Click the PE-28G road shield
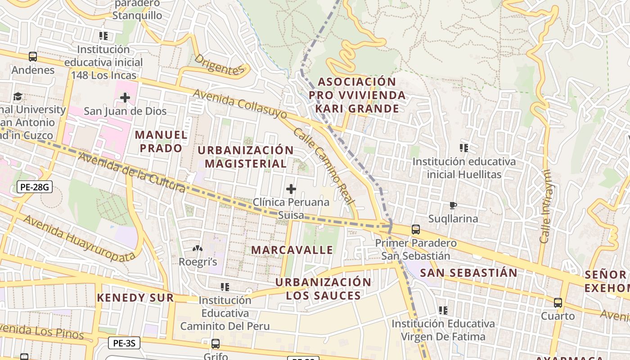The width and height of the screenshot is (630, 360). tap(35, 187)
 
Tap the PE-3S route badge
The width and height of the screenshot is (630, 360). tap(124, 343)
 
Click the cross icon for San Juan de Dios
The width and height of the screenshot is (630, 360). tap(125, 97)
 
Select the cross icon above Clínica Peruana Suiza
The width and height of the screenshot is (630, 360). tap(291, 189)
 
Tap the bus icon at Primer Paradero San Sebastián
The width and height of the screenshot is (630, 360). tap(416, 229)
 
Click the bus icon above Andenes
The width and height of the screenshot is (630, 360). tap(33, 57)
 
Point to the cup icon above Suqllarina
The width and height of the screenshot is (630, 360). tap(453, 206)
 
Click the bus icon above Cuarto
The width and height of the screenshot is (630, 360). tap(558, 303)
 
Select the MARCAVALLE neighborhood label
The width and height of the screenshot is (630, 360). tap(292, 250)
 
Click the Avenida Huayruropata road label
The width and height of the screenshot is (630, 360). tap(79, 238)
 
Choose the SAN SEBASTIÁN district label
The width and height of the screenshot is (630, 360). tap(468, 273)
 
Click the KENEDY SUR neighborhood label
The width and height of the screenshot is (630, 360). tap(135, 297)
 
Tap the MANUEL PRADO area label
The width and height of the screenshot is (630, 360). tap(161, 141)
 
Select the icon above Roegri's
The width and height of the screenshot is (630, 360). tap(197, 248)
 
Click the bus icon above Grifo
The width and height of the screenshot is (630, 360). tap(216, 344)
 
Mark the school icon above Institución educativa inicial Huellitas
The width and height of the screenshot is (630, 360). tap(464, 148)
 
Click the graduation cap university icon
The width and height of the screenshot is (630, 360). tap(18, 96)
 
